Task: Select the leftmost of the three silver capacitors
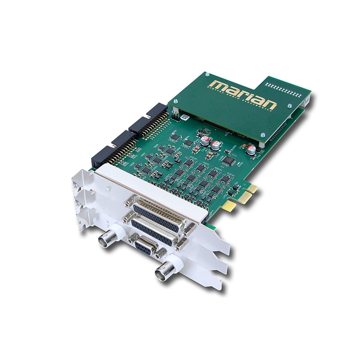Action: click(x=205, y=141)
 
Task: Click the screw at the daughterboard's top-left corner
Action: click(x=207, y=74)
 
